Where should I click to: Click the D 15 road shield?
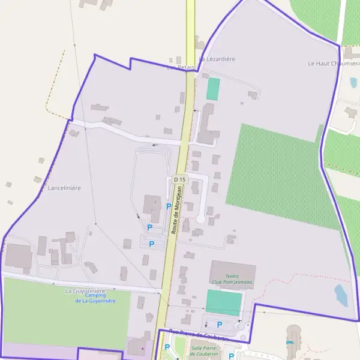click(x=179, y=179)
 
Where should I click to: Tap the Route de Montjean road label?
click(x=176, y=209)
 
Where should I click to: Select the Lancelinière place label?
click(x=64, y=188)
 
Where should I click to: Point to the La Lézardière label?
click(x=217, y=59)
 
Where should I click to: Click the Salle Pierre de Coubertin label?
click(x=203, y=350)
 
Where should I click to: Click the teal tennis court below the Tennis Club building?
click(x=224, y=302)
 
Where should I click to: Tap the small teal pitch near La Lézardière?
click(x=213, y=89)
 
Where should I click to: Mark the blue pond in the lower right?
click(x=341, y=295)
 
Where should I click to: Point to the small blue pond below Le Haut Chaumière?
click(x=353, y=82)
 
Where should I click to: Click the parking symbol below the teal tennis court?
click(x=220, y=325)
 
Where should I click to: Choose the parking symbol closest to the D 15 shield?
click(x=169, y=206)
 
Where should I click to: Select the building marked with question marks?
click(x=152, y=205)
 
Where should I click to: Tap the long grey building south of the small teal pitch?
click(x=207, y=124)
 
